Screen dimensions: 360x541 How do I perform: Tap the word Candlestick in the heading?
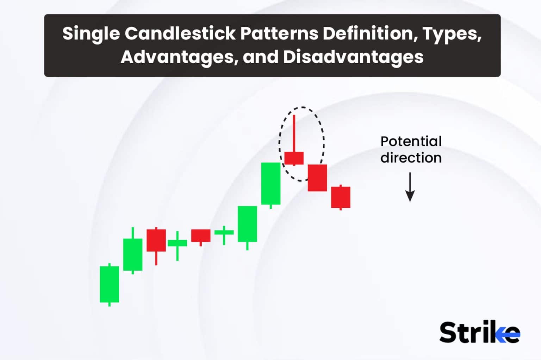(x=180, y=34)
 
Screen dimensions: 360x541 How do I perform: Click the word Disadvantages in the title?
(x=353, y=57)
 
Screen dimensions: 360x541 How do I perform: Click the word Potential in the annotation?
(x=411, y=141)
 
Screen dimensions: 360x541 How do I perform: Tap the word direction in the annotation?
(x=411, y=158)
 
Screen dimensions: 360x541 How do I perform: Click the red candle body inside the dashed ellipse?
(x=294, y=158)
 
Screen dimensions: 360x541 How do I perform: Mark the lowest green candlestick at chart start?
(x=109, y=284)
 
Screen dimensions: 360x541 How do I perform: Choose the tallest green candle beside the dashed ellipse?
(x=270, y=183)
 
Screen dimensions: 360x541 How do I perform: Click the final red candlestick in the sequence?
(x=340, y=197)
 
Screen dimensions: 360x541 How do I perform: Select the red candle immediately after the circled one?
(x=317, y=178)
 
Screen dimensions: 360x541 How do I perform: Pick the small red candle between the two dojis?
(x=200, y=235)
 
